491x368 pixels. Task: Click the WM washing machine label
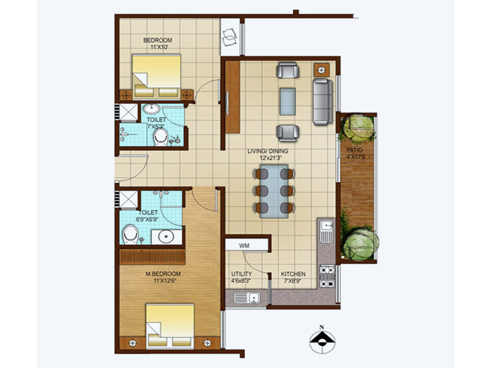tap(244, 246)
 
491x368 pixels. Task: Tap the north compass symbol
tap(322, 340)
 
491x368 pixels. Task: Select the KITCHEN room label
tap(293, 274)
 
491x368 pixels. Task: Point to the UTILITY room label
tap(242, 274)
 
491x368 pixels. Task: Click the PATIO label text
tap(355, 150)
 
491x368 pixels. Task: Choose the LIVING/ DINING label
tap(268, 151)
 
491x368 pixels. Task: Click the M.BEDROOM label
tap(163, 274)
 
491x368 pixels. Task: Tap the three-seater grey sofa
tap(323, 102)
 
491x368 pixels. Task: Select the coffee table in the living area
tap(287, 101)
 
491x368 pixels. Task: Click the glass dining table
tap(274, 191)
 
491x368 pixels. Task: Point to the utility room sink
tap(247, 297)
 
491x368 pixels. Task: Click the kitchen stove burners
tap(327, 277)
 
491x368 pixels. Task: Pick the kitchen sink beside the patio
tap(327, 232)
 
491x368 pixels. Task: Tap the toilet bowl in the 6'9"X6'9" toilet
tap(131, 234)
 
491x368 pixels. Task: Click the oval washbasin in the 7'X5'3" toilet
tap(151, 109)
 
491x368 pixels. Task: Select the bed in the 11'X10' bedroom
tap(157, 75)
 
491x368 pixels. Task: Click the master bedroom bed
tap(170, 326)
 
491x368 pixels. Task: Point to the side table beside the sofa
tap(322, 70)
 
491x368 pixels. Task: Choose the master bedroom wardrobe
tap(152, 257)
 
